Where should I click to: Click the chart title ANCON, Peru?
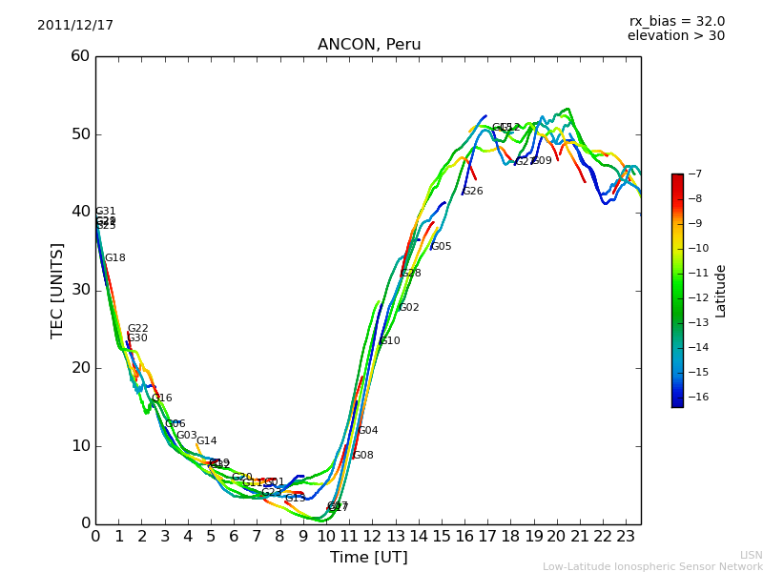pyautogui.click(x=369, y=45)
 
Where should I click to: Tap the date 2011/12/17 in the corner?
pyautogui.click(x=75, y=26)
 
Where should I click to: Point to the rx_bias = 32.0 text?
pyautogui.click(x=676, y=22)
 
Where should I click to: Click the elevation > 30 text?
pyautogui.click(x=675, y=36)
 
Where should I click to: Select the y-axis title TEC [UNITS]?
pyautogui.click(x=57, y=290)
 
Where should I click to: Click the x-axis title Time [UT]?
pyautogui.click(x=368, y=558)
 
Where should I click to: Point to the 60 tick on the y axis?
pyautogui.click(x=80, y=56)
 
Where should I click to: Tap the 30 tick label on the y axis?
pyautogui.click(x=80, y=290)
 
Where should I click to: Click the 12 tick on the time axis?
pyautogui.click(x=372, y=537)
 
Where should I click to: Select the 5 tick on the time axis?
pyautogui.click(x=211, y=537)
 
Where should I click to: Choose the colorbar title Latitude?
pyautogui.click(x=721, y=290)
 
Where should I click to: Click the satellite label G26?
pyautogui.click(x=473, y=192)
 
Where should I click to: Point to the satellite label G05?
pyautogui.click(x=442, y=247)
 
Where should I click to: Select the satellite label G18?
pyautogui.click(x=115, y=258)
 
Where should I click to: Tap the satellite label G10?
pyautogui.click(x=390, y=341)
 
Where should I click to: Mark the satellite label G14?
pyautogui.click(x=207, y=441)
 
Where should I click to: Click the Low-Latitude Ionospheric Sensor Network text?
pyautogui.click(x=652, y=566)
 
